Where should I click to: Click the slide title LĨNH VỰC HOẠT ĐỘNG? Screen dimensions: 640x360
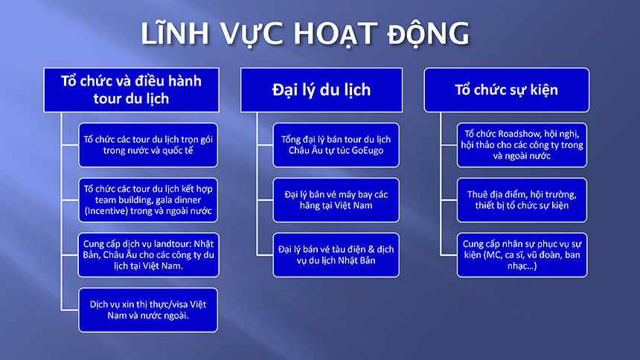305,33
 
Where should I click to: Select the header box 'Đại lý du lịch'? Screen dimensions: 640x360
321,90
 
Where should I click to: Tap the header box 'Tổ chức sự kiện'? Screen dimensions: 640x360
506,90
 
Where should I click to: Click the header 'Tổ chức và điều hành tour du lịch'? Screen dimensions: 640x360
132,90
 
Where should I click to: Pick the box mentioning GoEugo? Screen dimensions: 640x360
336,145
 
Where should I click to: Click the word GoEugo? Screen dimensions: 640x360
368,150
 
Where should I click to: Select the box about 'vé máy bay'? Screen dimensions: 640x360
336,200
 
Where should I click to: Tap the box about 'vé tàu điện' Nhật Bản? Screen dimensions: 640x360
336,255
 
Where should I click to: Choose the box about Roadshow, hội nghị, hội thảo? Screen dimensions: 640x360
522,145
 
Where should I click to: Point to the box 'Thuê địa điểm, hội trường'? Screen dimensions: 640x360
522,200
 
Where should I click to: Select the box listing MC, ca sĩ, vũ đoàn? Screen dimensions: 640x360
522,255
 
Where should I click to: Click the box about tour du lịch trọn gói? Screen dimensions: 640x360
148,145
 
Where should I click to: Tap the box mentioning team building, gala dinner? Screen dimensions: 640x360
148,200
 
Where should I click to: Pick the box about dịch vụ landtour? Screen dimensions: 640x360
148,255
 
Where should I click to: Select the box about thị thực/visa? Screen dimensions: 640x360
148,310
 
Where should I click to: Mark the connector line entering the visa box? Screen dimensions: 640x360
70,310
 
